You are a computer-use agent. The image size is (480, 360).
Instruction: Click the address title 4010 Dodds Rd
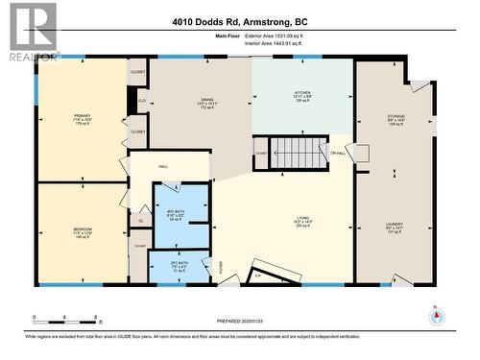tap(239, 22)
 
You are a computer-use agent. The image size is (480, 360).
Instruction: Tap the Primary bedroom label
tap(82, 121)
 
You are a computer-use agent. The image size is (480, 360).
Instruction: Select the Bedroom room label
tap(83, 233)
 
